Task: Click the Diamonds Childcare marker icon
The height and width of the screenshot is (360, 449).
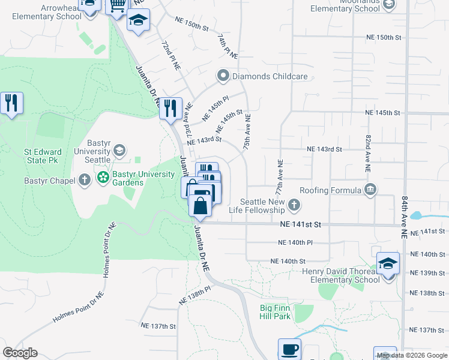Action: pos(224,76)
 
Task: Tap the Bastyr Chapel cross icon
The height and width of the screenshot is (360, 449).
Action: pos(85,179)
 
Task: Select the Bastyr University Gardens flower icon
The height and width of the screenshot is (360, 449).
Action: pos(103,178)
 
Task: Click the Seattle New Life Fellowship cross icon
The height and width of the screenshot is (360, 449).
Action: pos(294,206)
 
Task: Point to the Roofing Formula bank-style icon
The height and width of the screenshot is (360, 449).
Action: pos(370,190)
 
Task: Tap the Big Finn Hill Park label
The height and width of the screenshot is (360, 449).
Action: pos(276,312)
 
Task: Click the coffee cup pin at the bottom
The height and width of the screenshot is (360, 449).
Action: pos(289,349)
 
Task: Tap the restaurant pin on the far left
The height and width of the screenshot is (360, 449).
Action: pos(11,103)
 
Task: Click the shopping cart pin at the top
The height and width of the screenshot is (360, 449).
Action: pos(117,5)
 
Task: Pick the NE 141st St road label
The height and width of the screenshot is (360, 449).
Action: pos(301,224)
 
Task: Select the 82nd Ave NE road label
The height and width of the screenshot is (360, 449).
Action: pos(368,153)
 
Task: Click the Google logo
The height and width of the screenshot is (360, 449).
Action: pos(20,353)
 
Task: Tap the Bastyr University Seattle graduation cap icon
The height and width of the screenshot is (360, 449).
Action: pos(119,150)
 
